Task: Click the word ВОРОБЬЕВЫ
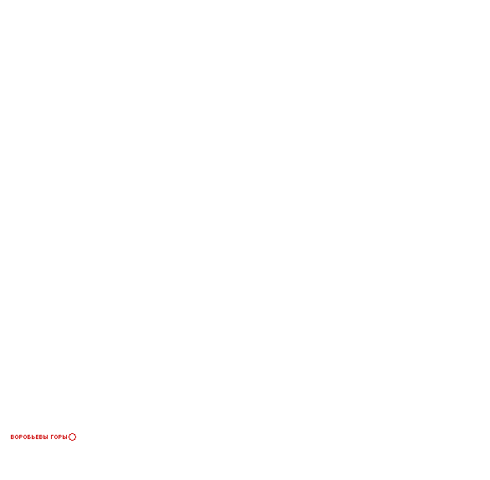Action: point(29,437)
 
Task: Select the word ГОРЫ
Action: point(59,437)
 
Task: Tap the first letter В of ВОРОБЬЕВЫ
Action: point(13,437)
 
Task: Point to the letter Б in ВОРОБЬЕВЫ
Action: point(29,437)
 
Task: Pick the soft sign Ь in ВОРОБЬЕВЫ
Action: point(33,437)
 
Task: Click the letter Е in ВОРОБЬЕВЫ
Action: point(37,437)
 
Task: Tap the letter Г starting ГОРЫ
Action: point(52,437)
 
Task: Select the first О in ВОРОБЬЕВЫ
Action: point(17,437)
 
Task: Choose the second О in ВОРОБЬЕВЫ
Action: point(25,437)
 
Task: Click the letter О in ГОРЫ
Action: point(56,437)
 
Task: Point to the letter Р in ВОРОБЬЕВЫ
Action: point(21,437)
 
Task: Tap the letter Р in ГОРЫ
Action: point(61,437)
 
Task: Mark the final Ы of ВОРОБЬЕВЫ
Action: point(46,437)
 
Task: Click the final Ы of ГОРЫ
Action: point(65,437)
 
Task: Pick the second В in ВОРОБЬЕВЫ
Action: point(41,437)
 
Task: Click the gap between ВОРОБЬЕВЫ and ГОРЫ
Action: point(49,437)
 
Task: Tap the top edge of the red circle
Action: point(72,433)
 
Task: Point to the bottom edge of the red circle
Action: point(72,441)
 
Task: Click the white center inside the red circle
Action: point(72,437)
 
